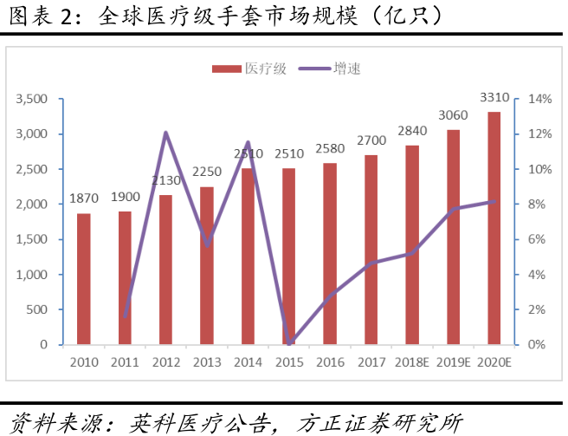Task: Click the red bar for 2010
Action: (x=83, y=278)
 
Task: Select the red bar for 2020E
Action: (x=494, y=228)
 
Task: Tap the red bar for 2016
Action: (x=330, y=253)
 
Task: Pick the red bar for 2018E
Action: (x=412, y=244)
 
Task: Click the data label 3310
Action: (x=494, y=96)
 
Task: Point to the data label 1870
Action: (x=84, y=198)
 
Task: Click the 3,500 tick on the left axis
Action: (x=32, y=99)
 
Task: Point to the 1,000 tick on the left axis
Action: (x=32, y=275)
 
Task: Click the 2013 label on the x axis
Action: (x=207, y=361)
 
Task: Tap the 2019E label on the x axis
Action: (x=453, y=361)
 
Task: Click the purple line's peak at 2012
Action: (x=165, y=133)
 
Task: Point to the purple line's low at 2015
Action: (x=289, y=343)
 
